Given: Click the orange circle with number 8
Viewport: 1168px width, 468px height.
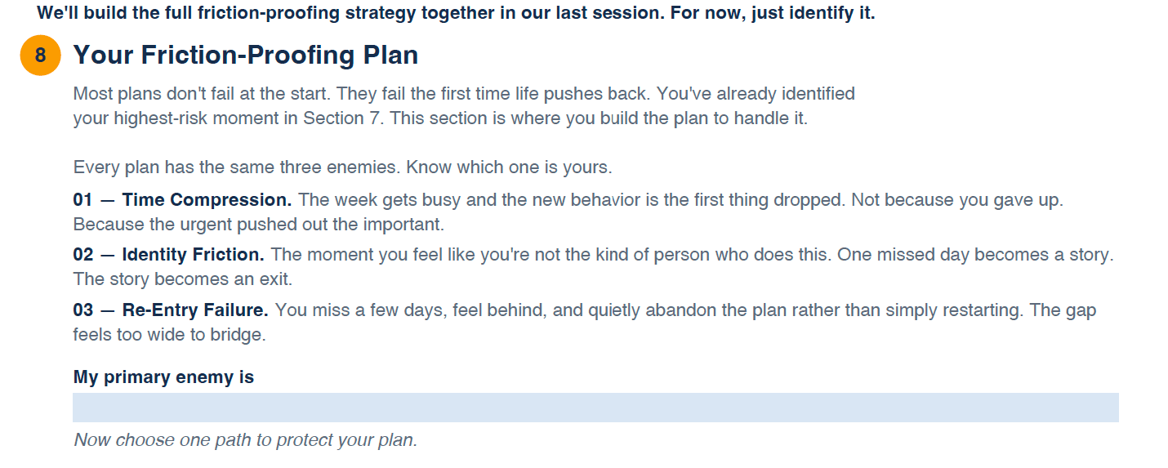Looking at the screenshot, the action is pyautogui.click(x=41, y=56).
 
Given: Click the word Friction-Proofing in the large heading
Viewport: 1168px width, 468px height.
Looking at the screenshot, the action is pyautogui.click(x=247, y=56).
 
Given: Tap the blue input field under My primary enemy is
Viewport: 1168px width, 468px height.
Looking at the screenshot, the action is pyautogui.click(x=595, y=408).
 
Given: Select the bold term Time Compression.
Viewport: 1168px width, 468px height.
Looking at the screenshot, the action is pyautogui.click(x=207, y=200).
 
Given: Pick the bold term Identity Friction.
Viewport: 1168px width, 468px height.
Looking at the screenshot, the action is pyautogui.click(x=193, y=255).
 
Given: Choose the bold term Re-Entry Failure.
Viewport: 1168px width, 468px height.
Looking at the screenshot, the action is pyautogui.click(x=195, y=310).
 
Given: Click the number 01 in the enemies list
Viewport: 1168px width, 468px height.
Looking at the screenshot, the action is pyautogui.click(x=82, y=200).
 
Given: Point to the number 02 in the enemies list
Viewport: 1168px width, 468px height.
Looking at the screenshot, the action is pyautogui.click(x=83, y=255).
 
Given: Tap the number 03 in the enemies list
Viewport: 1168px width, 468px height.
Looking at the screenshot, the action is pyautogui.click(x=83, y=310).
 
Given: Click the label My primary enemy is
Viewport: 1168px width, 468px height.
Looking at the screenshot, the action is pyautogui.click(x=163, y=377).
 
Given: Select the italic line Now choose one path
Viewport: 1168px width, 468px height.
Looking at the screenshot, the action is pyautogui.click(x=246, y=440).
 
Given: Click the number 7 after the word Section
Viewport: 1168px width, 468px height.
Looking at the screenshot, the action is pyautogui.click(x=374, y=118).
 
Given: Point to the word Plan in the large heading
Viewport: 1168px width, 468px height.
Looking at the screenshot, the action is pyautogui.click(x=390, y=56).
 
